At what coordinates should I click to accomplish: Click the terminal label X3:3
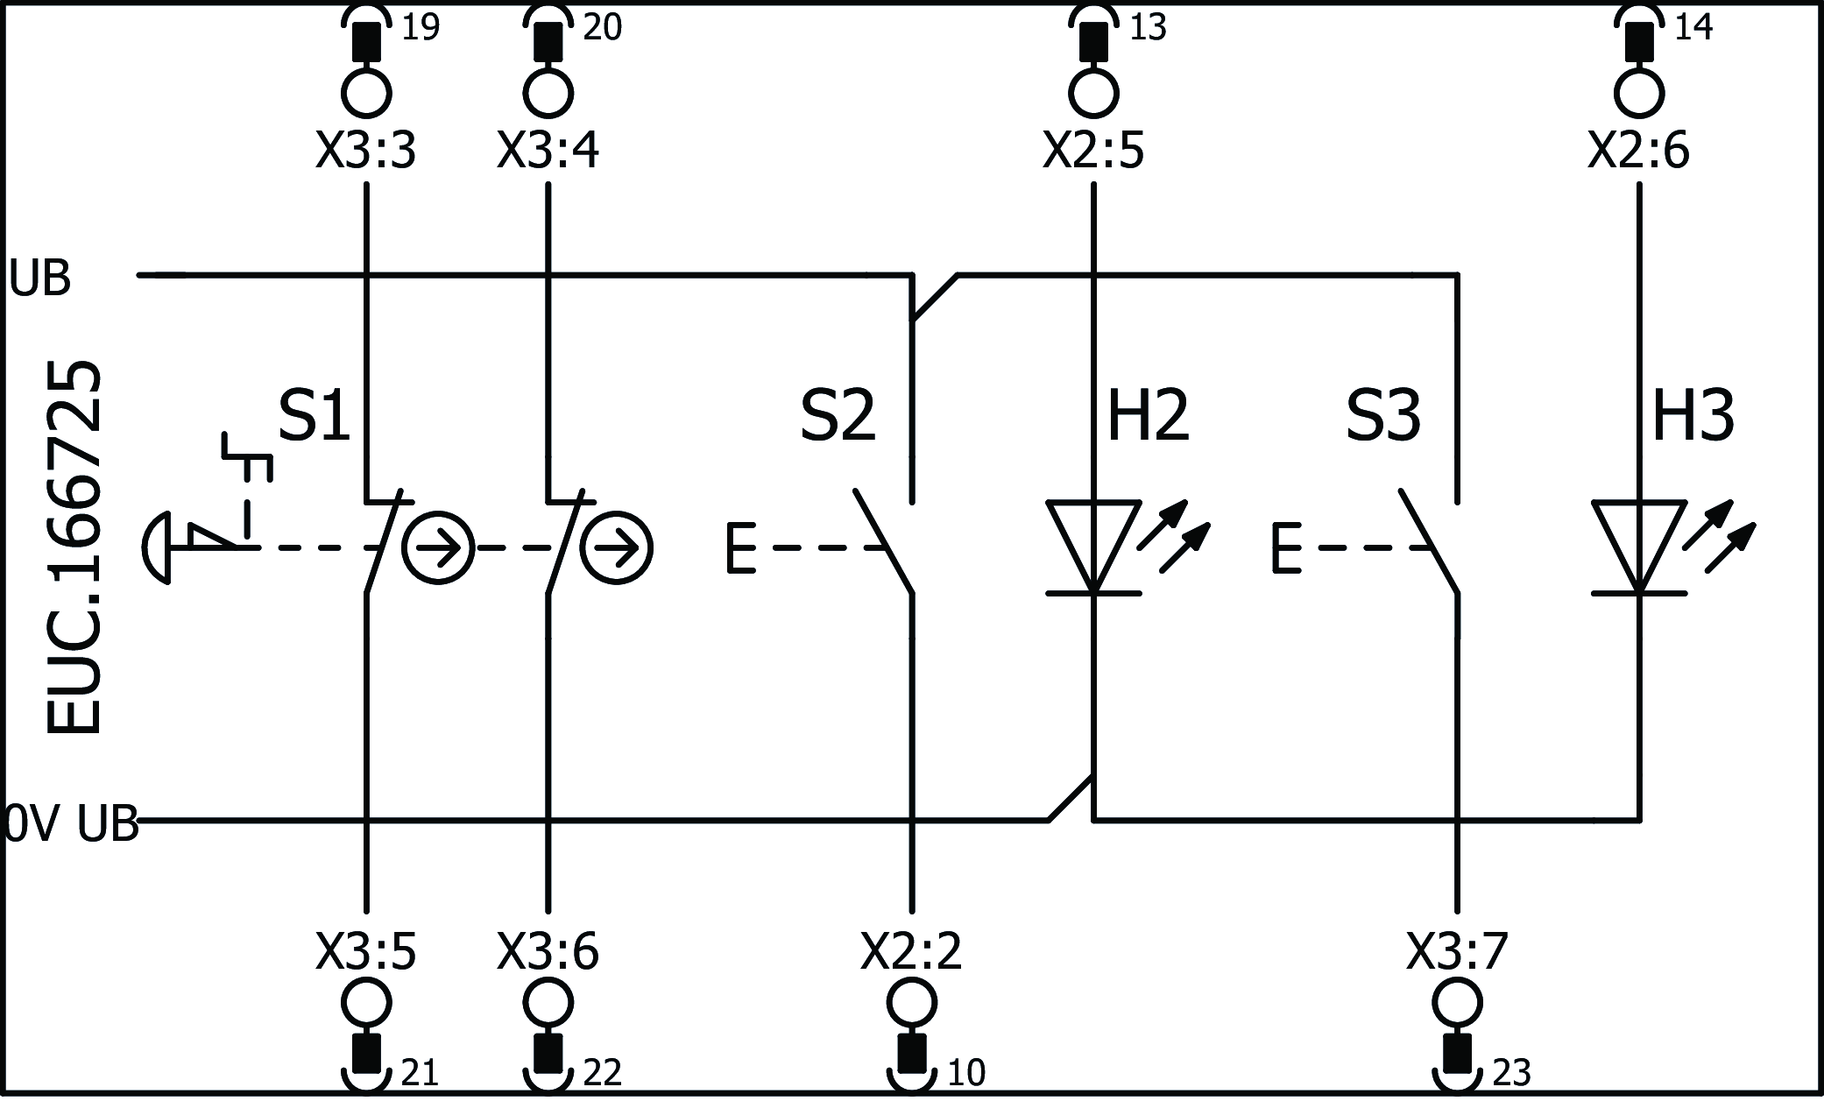click(365, 152)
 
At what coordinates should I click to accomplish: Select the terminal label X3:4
click(548, 152)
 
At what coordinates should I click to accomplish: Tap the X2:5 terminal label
click(1092, 152)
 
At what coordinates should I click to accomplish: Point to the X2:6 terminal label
click(1638, 152)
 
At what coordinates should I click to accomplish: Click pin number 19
click(420, 28)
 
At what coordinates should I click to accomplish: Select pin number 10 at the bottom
click(966, 1073)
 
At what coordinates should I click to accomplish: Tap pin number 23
click(1511, 1073)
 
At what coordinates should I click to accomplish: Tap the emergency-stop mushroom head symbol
click(158, 548)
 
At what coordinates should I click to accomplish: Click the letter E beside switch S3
click(1285, 548)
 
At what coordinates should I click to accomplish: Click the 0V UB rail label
click(70, 823)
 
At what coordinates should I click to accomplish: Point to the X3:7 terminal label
click(1457, 951)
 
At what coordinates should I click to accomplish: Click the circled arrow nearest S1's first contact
click(438, 548)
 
